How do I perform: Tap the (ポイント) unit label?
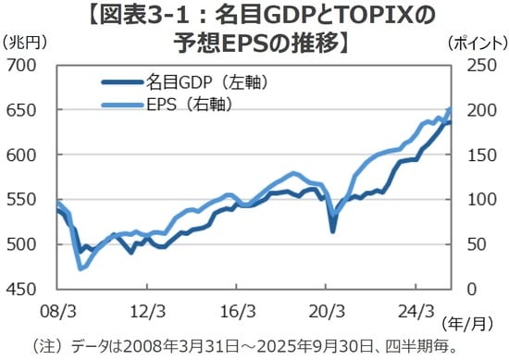pyautogui.click(x=476, y=43)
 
